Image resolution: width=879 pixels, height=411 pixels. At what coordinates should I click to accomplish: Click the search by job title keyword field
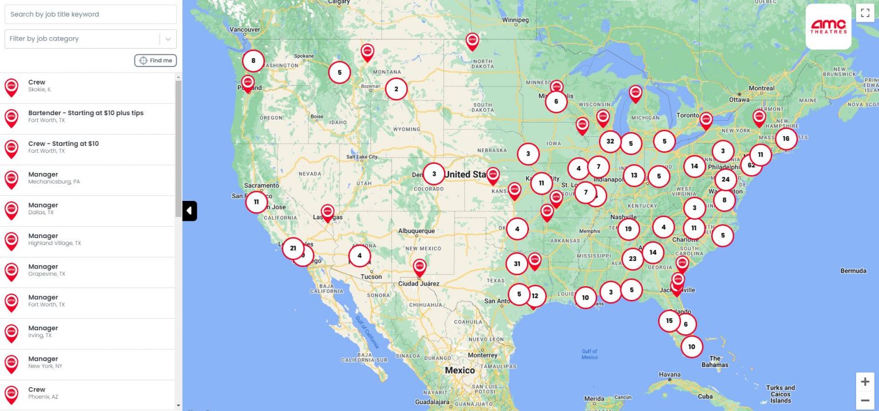pos(90,14)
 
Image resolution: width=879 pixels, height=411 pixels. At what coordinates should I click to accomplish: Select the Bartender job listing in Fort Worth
pos(86,116)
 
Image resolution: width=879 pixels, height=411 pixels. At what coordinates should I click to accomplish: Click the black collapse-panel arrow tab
pos(189,211)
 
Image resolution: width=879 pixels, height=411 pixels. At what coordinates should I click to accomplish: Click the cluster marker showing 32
pos(610,141)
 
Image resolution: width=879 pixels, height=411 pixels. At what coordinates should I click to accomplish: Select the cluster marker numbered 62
pos(751,165)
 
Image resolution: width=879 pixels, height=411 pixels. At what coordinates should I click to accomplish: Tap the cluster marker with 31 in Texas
pos(517,263)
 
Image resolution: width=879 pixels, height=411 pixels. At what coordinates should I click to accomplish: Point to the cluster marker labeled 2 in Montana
pos(396,89)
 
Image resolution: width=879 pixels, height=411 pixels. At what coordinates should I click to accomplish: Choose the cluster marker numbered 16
pos(786,139)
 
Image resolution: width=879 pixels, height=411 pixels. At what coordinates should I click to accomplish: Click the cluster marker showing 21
pos(293,248)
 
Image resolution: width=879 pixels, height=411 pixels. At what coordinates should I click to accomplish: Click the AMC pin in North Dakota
pos(472,41)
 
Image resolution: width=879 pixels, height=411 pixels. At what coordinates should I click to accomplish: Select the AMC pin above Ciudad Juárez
pos(420,267)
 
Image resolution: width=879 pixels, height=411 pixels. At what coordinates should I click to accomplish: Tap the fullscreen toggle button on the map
pos(865,13)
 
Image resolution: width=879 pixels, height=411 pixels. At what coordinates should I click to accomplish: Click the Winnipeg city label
pos(515,20)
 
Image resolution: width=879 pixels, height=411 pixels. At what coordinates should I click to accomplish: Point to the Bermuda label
pos(853,271)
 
